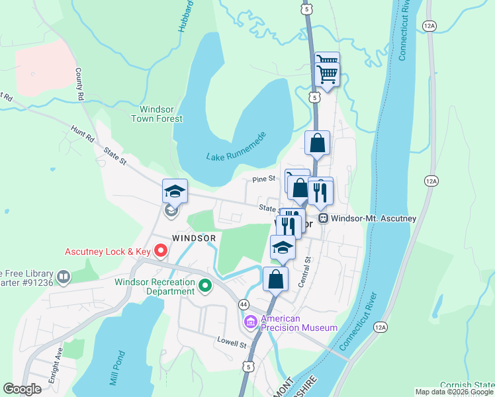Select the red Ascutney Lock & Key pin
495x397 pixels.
click(160, 251)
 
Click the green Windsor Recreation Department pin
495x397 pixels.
click(205, 287)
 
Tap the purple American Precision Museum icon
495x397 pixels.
click(250, 322)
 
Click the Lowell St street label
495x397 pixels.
click(232, 343)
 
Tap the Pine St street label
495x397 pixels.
click(263, 179)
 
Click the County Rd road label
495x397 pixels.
click(81, 83)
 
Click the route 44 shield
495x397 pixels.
click(244, 304)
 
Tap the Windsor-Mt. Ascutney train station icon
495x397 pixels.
click(324, 218)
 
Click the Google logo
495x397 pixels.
click(23, 389)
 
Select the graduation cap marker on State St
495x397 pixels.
click(175, 192)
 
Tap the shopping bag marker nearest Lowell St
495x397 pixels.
click(276, 279)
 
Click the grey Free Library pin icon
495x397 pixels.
click(64, 277)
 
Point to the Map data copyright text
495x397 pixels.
click(453, 392)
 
